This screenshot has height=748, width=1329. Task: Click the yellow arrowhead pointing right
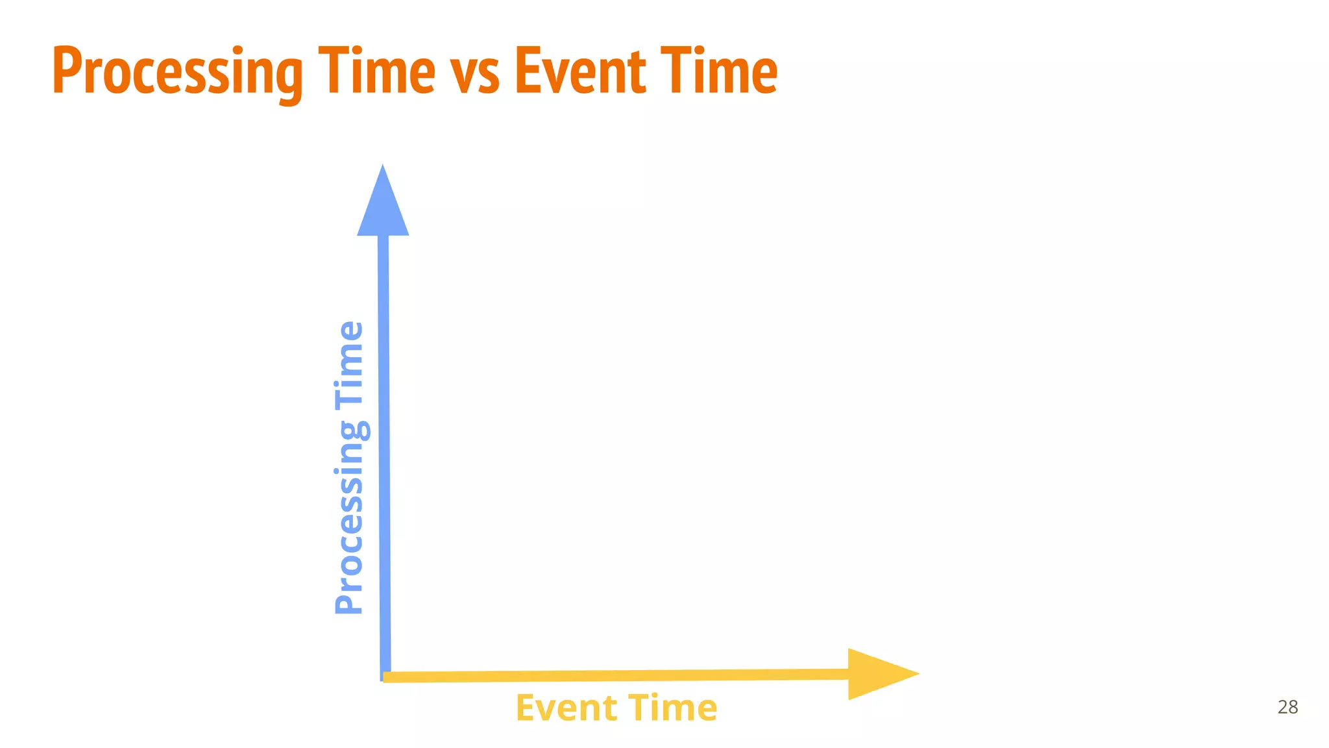pyautogui.click(x=879, y=674)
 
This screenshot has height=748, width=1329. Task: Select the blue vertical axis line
pyautogui.click(x=384, y=455)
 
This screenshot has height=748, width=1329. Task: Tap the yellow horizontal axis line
pyautogui.click(x=616, y=676)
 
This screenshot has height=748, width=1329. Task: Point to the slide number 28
pyautogui.click(x=1287, y=707)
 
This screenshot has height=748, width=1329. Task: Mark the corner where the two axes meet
pyautogui.click(x=384, y=677)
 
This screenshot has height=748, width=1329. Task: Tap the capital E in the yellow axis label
pyautogui.click(x=526, y=708)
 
